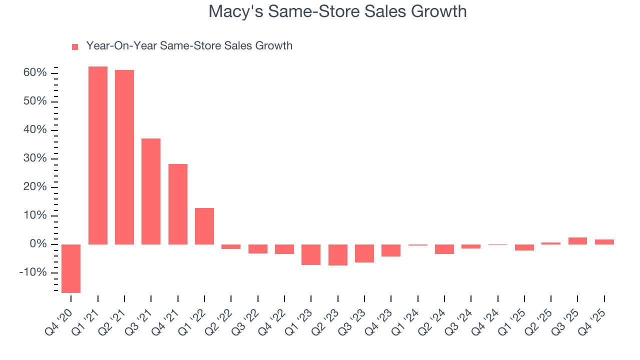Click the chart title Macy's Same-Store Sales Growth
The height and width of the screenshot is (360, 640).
point(337,11)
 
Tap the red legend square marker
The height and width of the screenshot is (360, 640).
point(75,47)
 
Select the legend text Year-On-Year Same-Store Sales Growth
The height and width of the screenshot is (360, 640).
point(189,46)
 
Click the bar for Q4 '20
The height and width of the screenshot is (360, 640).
point(71,268)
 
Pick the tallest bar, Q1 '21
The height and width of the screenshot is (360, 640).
point(98,155)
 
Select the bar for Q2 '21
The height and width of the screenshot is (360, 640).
point(124,157)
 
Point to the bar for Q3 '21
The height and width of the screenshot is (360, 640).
point(151,191)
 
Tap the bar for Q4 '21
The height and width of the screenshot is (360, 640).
point(178,204)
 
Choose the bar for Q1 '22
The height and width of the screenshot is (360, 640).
point(204,226)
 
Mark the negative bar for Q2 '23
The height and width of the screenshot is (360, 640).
point(338,255)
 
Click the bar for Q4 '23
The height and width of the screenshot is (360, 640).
point(391,250)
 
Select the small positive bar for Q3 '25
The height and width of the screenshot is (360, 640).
point(577,241)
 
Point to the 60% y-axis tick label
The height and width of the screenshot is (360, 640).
point(35,73)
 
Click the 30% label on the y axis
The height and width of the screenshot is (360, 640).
point(35,158)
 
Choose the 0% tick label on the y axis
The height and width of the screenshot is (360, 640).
point(38,244)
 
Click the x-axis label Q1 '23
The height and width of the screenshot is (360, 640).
point(299,318)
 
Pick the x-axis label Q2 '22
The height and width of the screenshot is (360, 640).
point(219,318)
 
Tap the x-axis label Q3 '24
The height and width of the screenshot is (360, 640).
point(459,318)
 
